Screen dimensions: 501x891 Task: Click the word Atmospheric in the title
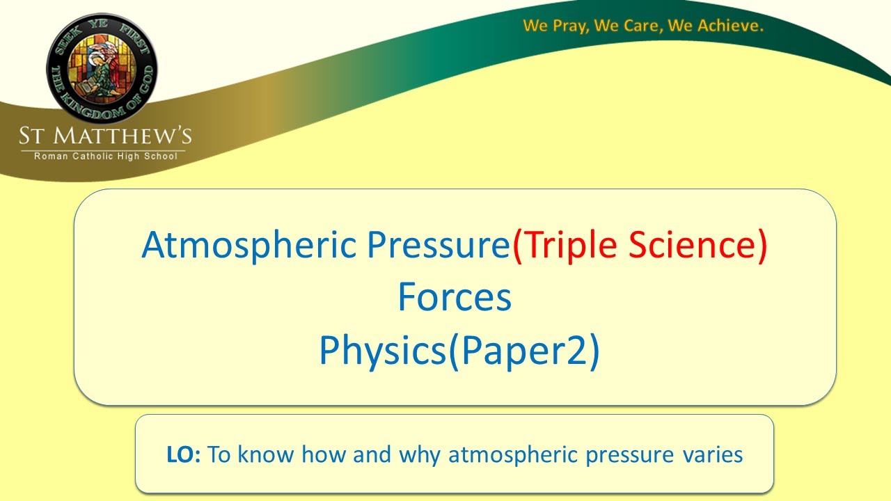pos(251,246)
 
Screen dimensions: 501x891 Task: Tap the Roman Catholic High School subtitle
pos(105,156)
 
